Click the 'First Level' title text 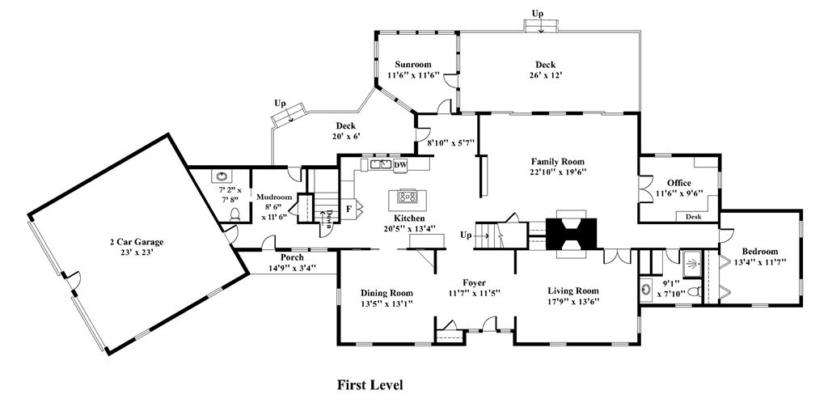click(x=370, y=385)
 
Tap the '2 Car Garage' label click(x=136, y=242)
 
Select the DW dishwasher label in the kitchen click(x=401, y=165)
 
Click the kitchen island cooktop click(x=408, y=197)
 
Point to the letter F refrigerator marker click(x=349, y=208)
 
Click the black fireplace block click(x=571, y=233)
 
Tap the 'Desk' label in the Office click(x=693, y=217)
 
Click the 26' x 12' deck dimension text click(x=545, y=75)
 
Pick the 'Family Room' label click(x=558, y=162)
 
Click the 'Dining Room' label click(x=387, y=293)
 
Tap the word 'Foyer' click(x=474, y=282)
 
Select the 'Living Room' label click(x=573, y=291)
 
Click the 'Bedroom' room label click(x=760, y=252)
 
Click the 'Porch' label click(x=292, y=257)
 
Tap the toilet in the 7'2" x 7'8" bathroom click(x=235, y=214)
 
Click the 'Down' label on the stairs click(x=328, y=218)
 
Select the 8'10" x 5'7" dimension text click(x=450, y=142)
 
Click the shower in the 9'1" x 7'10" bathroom click(x=692, y=264)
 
